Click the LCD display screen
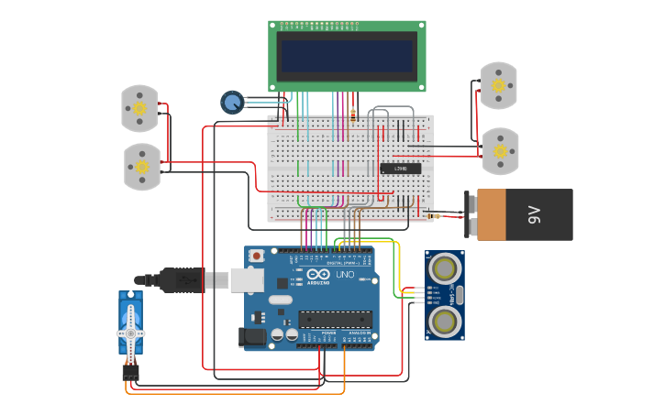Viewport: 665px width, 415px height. [347, 55]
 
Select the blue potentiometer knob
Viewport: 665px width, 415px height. [232, 102]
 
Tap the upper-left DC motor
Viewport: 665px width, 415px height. [139, 108]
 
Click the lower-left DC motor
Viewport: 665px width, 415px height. [142, 167]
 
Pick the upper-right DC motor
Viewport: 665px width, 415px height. [499, 85]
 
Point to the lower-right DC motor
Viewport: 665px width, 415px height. [501, 150]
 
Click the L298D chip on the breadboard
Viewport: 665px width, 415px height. [401, 169]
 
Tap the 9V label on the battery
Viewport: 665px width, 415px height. [534, 215]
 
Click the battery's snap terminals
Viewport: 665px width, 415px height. [470, 215]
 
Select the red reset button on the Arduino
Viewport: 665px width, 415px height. [257, 256]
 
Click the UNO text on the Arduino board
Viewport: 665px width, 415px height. [344, 275]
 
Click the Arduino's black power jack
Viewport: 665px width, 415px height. [253, 337]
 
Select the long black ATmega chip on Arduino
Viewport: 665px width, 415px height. [335, 320]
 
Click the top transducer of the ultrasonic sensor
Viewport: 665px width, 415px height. [446, 268]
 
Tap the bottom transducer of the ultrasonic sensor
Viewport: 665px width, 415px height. [446, 321]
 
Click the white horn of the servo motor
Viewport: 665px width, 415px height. [131, 330]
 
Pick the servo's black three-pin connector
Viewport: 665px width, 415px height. [131, 372]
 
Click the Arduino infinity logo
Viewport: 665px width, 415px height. [318, 275]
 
